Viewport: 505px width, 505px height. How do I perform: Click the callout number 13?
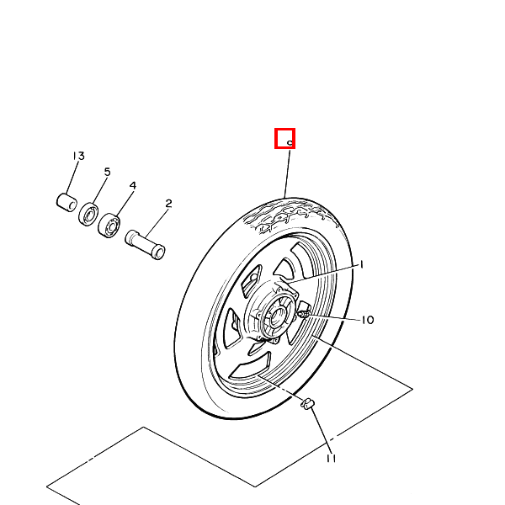[x=78, y=156]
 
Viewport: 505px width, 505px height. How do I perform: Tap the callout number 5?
[x=107, y=172]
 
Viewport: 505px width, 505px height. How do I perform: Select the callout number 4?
[x=133, y=185]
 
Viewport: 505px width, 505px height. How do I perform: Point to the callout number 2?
[x=168, y=204]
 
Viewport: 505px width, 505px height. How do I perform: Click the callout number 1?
[x=362, y=265]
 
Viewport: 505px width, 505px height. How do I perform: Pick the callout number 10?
[x=368, y=320]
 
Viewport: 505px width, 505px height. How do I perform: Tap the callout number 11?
[x=331, y=459]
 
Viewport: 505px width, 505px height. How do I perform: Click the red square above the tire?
[x=284, y=139]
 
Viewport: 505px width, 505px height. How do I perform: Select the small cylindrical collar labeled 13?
[x=66, y=202]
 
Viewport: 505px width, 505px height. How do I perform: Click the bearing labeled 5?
[x=88, y=214]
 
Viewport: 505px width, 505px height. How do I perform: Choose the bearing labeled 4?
[x=109, y=225]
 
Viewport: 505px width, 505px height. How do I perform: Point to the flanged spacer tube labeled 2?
[x=145, y=244]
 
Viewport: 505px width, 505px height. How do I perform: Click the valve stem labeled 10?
[x=304, y=313]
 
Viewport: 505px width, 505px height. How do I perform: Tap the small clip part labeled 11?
[x=307, y=404]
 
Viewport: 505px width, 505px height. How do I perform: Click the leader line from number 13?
[x=72, y=177]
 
